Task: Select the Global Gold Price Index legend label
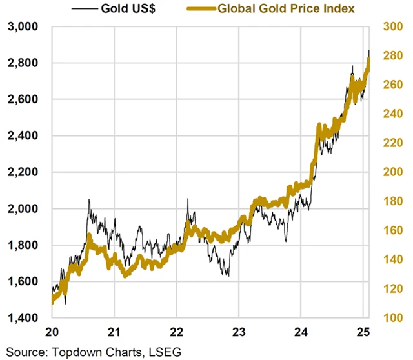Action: coord(287,9)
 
